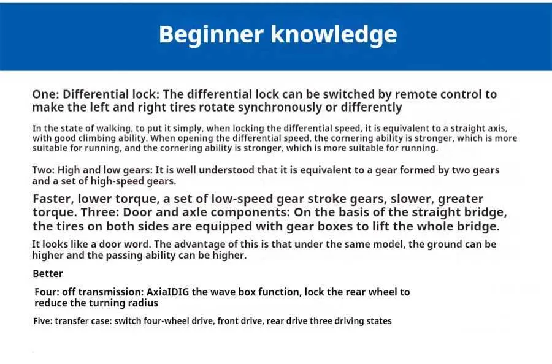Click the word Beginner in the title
pyautogui.click(x=211, y=34)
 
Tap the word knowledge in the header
pyautogui.click(x=334, y=34)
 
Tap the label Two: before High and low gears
pyautogui.click(x=44, y=170)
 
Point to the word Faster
pyautogui.click(x=53, y=199)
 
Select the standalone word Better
pyautogui.click(x=48, y=274)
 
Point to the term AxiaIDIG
pyautogui.click(x=167, y=292)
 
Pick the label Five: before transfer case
pyautogui.click(x=42, y=321)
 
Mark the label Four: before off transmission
pyautogui.click(x=47, y=292)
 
